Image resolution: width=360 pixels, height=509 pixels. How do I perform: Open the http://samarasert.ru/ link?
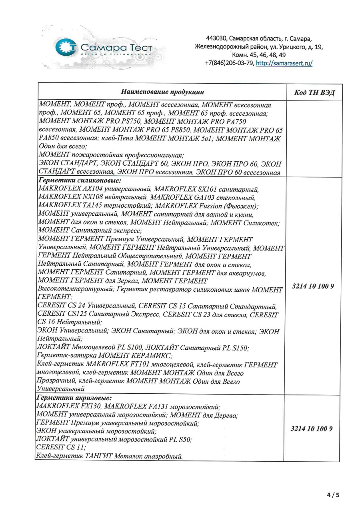point(284,63)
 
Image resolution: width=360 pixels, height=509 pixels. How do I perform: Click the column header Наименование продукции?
point(163,92)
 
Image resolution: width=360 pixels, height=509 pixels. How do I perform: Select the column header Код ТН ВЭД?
point(314,92)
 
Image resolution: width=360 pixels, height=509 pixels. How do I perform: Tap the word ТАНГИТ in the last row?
point(89,456)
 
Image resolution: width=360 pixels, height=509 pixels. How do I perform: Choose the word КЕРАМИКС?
point(155,356)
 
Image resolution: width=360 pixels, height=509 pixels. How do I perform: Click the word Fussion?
point(216,206)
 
